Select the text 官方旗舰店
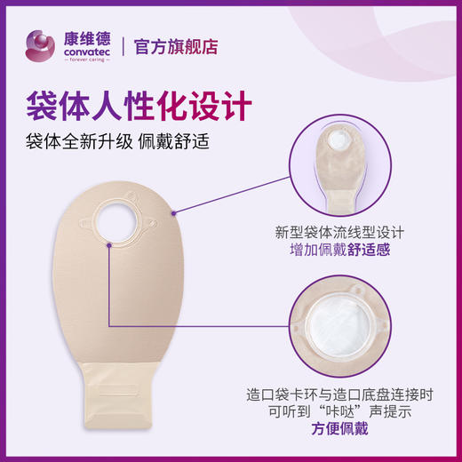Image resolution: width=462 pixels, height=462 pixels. click(176, 45)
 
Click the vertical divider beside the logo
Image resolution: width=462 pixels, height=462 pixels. click(121, 44)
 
